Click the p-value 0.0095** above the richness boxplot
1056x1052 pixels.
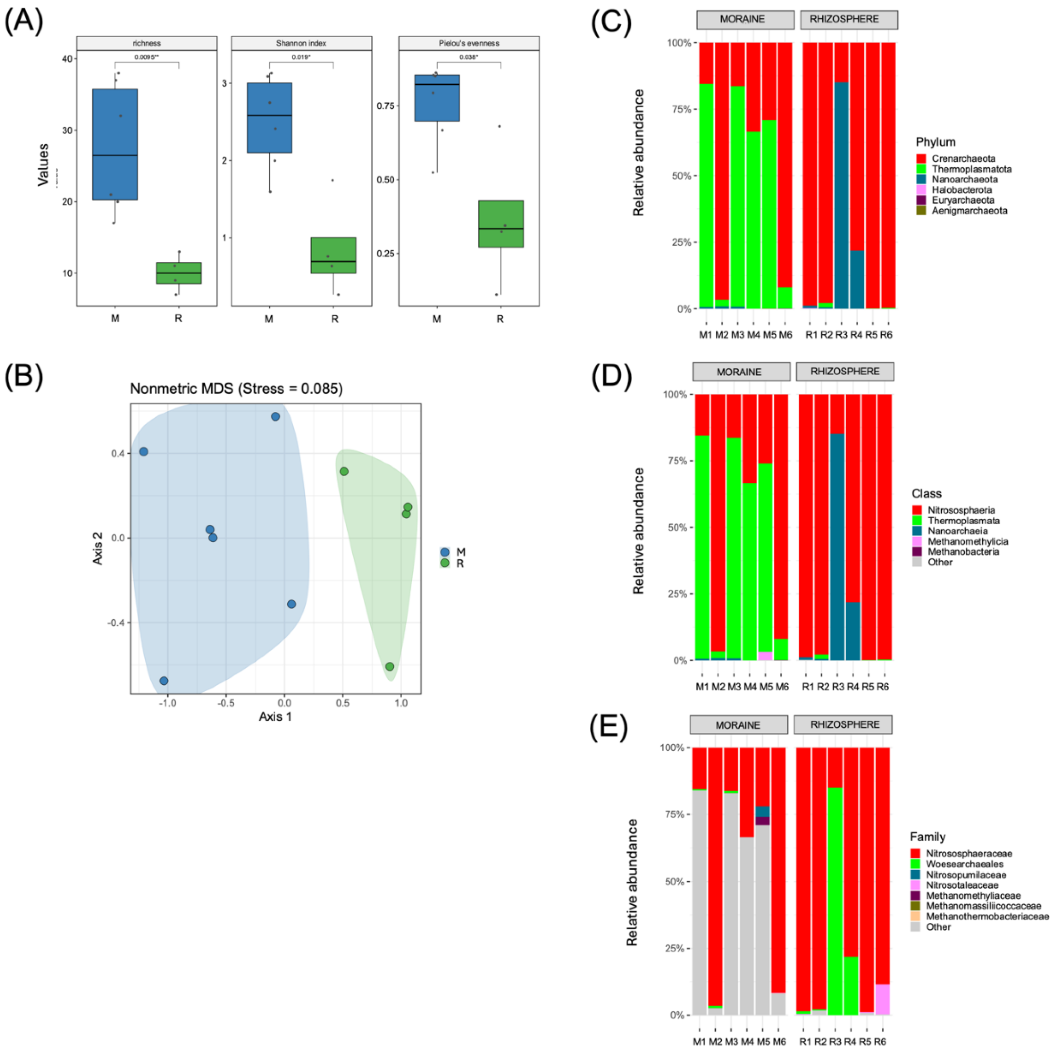[146, 57]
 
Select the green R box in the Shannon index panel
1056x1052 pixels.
[333, 255]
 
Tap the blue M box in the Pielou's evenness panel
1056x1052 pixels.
[437, 98]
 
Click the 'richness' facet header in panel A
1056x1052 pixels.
[146, 43]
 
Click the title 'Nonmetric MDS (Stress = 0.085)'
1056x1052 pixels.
[236, 389]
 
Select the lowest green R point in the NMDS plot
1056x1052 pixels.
[390, 666]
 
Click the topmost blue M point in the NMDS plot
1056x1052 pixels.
[275, 416]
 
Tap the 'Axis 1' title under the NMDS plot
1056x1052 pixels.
[275, 716]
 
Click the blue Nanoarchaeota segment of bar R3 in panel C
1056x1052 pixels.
[841, 197]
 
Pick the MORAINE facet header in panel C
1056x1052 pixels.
[745, 20]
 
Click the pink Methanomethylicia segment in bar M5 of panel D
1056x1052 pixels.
[765, 656]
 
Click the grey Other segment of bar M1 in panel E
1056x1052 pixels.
[699, 902]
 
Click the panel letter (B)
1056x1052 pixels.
[24, 377]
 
